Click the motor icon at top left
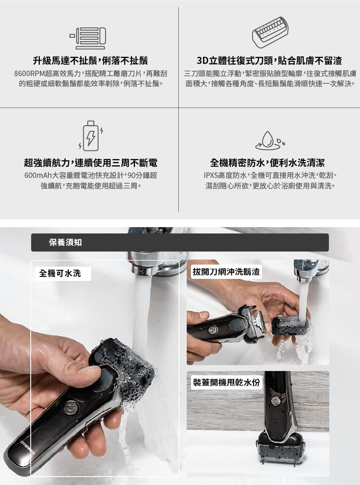tap(88, 38)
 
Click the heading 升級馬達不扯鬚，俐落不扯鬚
tap(90, 61)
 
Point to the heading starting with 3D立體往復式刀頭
tap(269, 61)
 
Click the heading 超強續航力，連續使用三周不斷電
tap(90, 163)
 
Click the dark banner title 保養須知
tap(65, 243)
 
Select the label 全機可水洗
tap(60, 273)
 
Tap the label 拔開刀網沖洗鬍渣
tap(225, 272)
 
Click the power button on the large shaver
tap(70, 407)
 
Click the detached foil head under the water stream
tap(290, 326)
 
